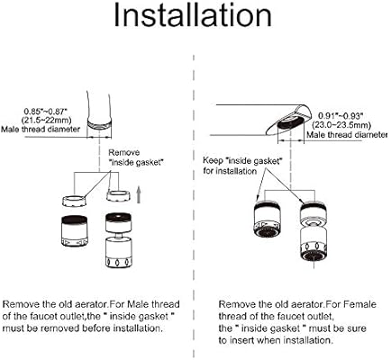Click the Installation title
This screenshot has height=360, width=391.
point(193,15)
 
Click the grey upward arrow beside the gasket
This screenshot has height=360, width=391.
point(139,194)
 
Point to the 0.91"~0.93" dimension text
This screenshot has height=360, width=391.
point(341,116)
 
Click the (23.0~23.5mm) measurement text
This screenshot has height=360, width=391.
point(341,125)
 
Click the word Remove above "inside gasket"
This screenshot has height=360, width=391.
point(124,152)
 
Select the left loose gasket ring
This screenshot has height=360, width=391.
point(74,200)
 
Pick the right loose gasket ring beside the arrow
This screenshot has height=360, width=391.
point(119,195)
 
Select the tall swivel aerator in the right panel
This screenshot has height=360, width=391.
point(314,230)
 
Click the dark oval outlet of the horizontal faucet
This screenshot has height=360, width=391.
point(290,123)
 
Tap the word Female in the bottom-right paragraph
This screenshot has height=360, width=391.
point(359,304)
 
